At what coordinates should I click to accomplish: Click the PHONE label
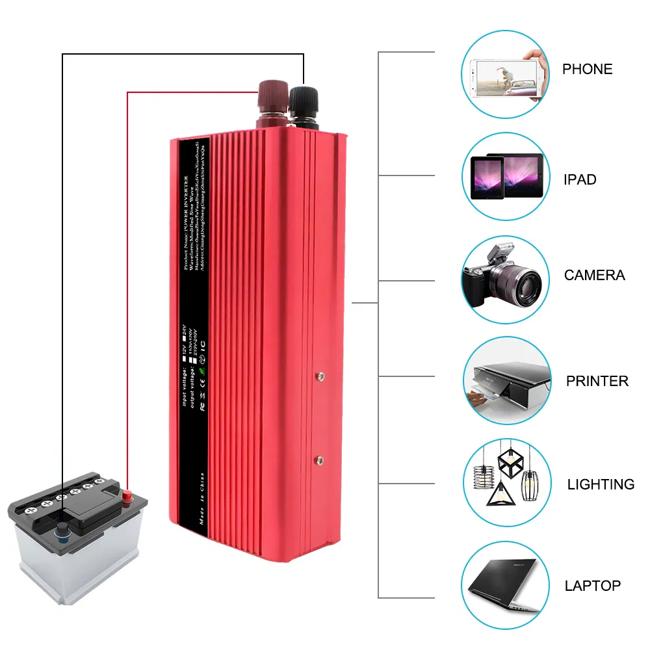pyautogui.click(x=587, y=69)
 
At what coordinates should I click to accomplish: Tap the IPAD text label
pyautogui.click(x=580, y=179)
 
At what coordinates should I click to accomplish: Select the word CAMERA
pyautogui.click(x=594, y=275)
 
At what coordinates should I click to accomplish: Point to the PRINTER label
pyautogui.click(x=597, y=381)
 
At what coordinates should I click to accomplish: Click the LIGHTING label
pyautogui.click(x=601, y=484)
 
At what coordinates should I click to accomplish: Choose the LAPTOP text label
pyautogui.click(x=592, y=586)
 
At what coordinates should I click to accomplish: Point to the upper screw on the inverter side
pyautogui.click(x=319, y=375)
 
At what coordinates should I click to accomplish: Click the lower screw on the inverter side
pyautogui.click(x=319, y=460)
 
